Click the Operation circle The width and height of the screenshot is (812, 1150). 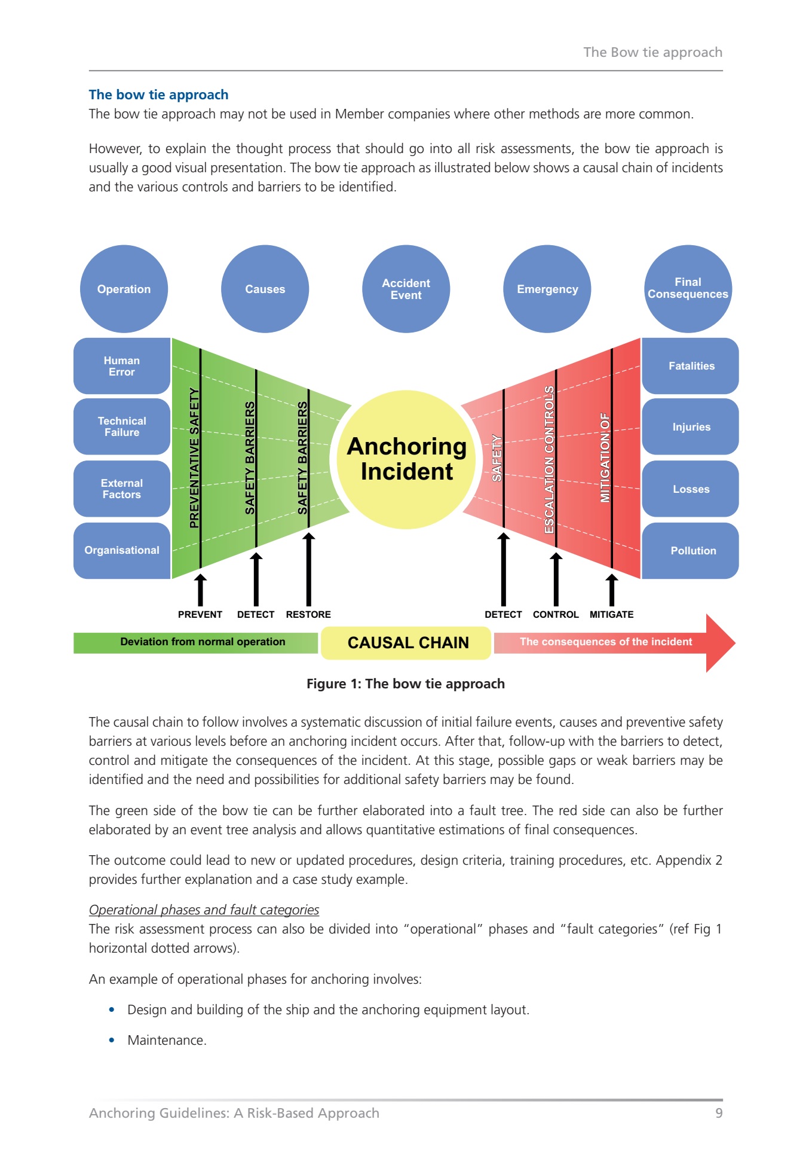click(124, 289)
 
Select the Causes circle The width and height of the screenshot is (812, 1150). click(265, 289)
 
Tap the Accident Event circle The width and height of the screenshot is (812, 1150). click(406, 289)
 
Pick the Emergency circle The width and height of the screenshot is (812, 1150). click(547, 289)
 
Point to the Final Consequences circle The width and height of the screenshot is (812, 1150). click(688, 289)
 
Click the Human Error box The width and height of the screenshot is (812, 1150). click(122, 366)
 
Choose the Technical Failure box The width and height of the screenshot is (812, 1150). click(122, 426)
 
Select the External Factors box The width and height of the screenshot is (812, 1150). click(122, 489)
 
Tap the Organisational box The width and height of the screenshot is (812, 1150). click(122, 550)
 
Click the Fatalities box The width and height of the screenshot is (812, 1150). click(691, 366)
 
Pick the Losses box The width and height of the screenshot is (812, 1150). click(691, 489)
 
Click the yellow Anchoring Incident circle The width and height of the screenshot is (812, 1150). click(406, 459)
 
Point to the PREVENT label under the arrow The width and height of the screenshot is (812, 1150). click(200, 614)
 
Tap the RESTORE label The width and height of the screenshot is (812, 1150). click(308, 614)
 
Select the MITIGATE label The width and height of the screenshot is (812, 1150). click(611, 614)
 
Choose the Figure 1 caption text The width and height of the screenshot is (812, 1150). click(406, 684)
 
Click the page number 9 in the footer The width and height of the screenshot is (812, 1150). click(719, 1113)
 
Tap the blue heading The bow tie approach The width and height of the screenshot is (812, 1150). click(159, 94)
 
